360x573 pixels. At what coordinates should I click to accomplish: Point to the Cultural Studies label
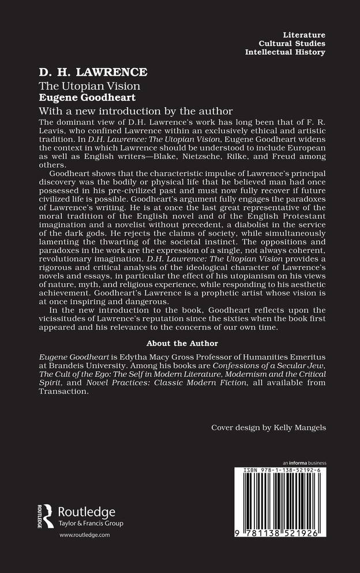click(x=294, y=44)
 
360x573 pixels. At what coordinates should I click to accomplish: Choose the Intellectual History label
click(x=285, y=53)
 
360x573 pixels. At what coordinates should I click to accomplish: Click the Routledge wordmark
click(x=87, y=512)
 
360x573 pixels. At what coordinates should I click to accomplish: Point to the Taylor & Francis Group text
click(x=90, y=523)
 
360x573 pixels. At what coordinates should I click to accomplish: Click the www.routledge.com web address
click(x=85, y=536)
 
